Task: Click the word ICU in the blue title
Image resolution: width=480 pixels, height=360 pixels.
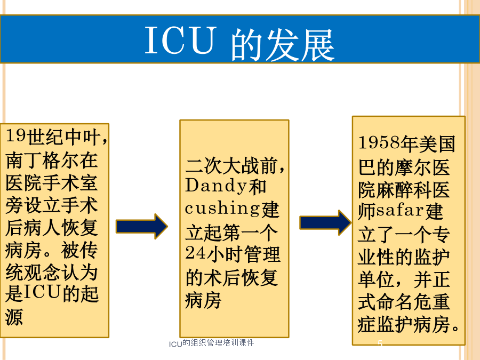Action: point(180,41)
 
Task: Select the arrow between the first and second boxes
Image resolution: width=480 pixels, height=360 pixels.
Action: point(142,227)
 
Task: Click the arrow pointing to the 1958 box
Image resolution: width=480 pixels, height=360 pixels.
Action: point(325,222)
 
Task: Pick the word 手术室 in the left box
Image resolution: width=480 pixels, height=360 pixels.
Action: point(70,182)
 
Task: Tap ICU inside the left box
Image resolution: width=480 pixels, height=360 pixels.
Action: point(42,293)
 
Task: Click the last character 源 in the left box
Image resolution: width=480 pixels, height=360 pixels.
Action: point(14,316)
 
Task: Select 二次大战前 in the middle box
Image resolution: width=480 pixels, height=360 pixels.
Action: point(232,166)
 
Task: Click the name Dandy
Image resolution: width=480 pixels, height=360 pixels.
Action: point(216,186)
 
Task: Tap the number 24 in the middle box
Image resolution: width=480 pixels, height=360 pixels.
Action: point(195,253)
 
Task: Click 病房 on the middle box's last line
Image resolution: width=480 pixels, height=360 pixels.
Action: point(203,300)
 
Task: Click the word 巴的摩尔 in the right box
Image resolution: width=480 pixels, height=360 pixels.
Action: point(395,167)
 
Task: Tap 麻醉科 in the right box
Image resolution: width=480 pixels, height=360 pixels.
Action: point(404,190)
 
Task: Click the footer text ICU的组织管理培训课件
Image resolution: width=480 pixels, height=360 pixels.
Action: point(212,343)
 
